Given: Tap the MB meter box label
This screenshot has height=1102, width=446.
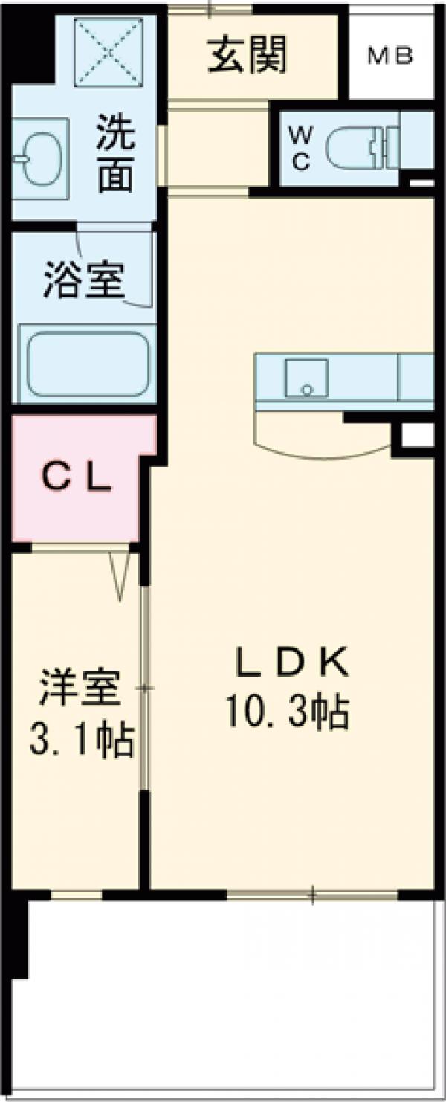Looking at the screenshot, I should coord(390,57).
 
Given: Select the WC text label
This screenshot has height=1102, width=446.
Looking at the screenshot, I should coord(300,149).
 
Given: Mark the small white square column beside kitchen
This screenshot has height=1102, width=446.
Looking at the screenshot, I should coord(417,436).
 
